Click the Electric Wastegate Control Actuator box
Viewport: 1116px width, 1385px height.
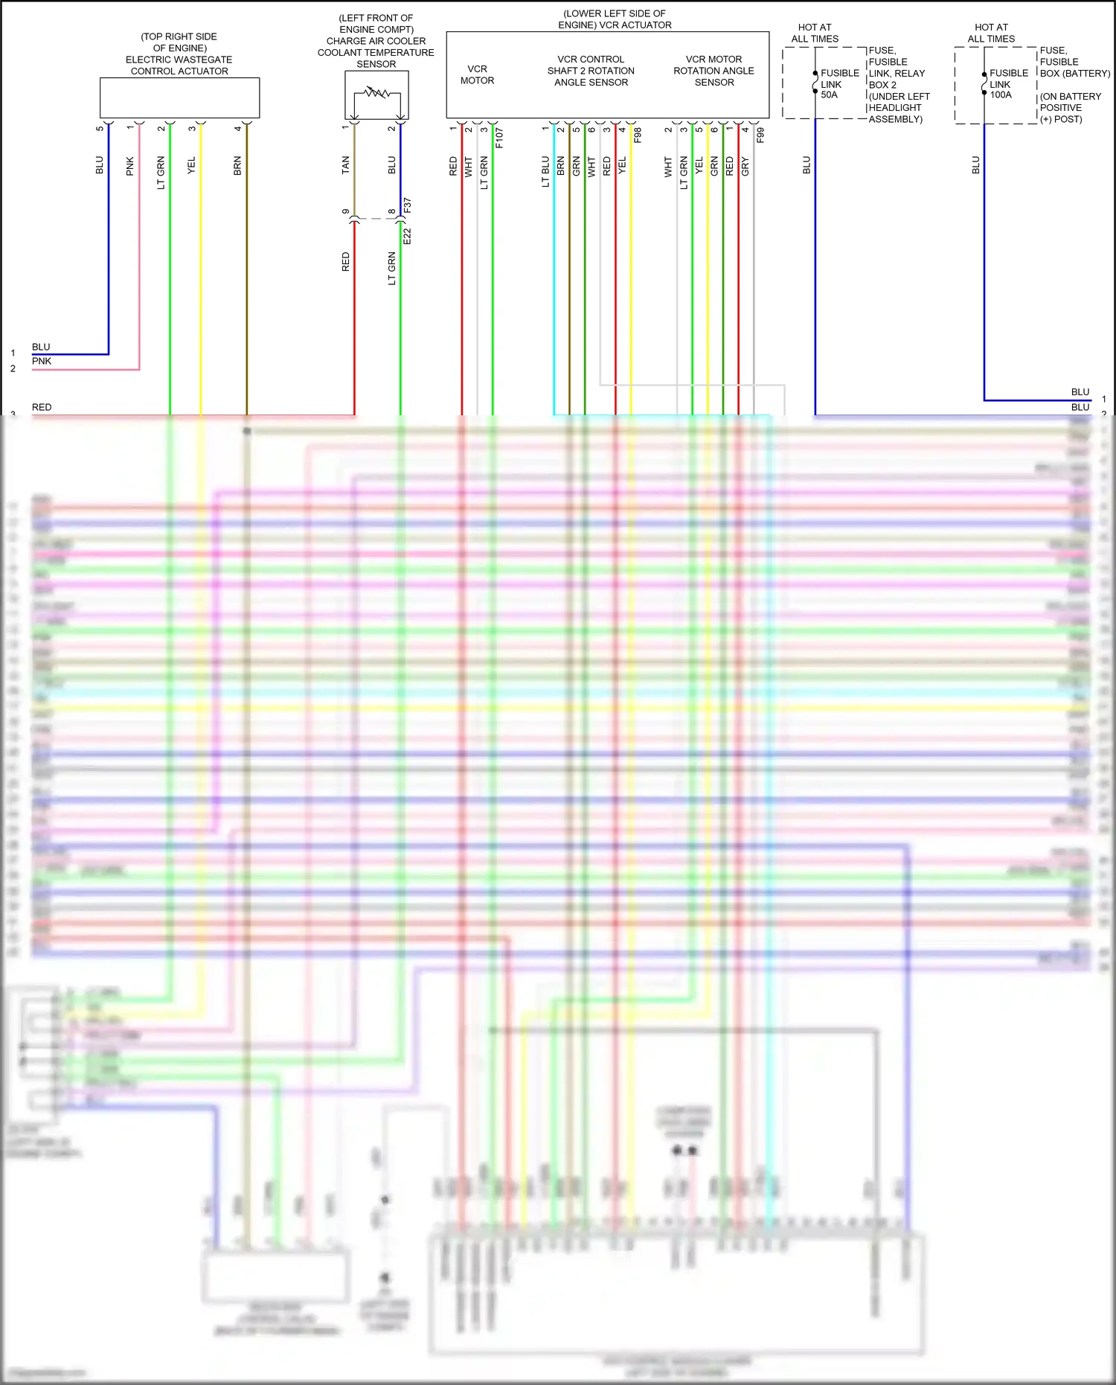click(x=179, y=97)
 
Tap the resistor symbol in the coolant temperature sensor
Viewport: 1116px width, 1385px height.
click(x=376, y=94)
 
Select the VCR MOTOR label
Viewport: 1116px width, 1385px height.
click(x=477, y=74)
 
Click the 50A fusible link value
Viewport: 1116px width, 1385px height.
click(x=829, y=95)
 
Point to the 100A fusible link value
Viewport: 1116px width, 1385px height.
click(x=1001, y=95)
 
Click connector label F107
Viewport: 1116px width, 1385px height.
click(x=499, y=138)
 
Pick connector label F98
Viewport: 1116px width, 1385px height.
click(x=638, y=135)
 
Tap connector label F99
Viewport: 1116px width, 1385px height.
click(x=760, y=135)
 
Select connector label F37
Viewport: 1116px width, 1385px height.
click(x=407, y=205)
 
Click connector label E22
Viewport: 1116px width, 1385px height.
click(x=407, y=237)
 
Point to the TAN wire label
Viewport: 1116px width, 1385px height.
click(x=345, y=165)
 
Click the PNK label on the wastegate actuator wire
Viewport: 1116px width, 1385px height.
click(x=130, y=166)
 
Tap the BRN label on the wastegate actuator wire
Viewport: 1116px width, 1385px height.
click(x=237, y=165)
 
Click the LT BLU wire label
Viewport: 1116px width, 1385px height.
click(x=545, y=171)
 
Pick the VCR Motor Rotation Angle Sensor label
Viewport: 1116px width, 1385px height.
click(x=713, y=71)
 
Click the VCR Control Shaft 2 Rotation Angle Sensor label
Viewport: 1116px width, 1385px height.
click(x=591, y=71)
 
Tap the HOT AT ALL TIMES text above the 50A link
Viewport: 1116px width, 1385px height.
click(x=815, y=33)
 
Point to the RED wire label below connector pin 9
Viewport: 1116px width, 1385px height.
click(x=345, y=262)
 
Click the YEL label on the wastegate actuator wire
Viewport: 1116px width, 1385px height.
click(x=191, y=165)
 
